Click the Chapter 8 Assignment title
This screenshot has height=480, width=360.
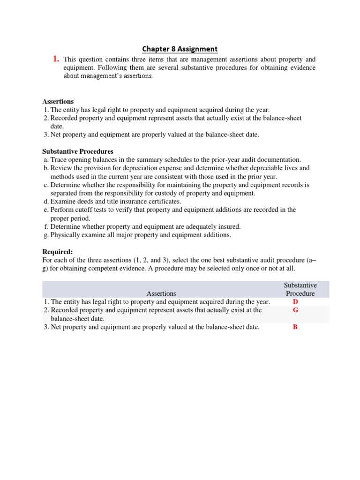coord(180,49)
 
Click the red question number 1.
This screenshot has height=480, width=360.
coord(56,59)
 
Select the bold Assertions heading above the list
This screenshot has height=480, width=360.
coord(58,101)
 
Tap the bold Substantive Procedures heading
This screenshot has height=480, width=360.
coord(77,151)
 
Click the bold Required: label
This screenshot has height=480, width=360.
coord(58,252)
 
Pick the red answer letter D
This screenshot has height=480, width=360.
coord(295,302)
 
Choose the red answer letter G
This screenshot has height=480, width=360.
coord(295,310)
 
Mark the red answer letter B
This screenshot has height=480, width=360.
coord(295,327)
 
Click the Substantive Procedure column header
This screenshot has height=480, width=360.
coord(300,289)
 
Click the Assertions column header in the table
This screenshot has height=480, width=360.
coord(161,293)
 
